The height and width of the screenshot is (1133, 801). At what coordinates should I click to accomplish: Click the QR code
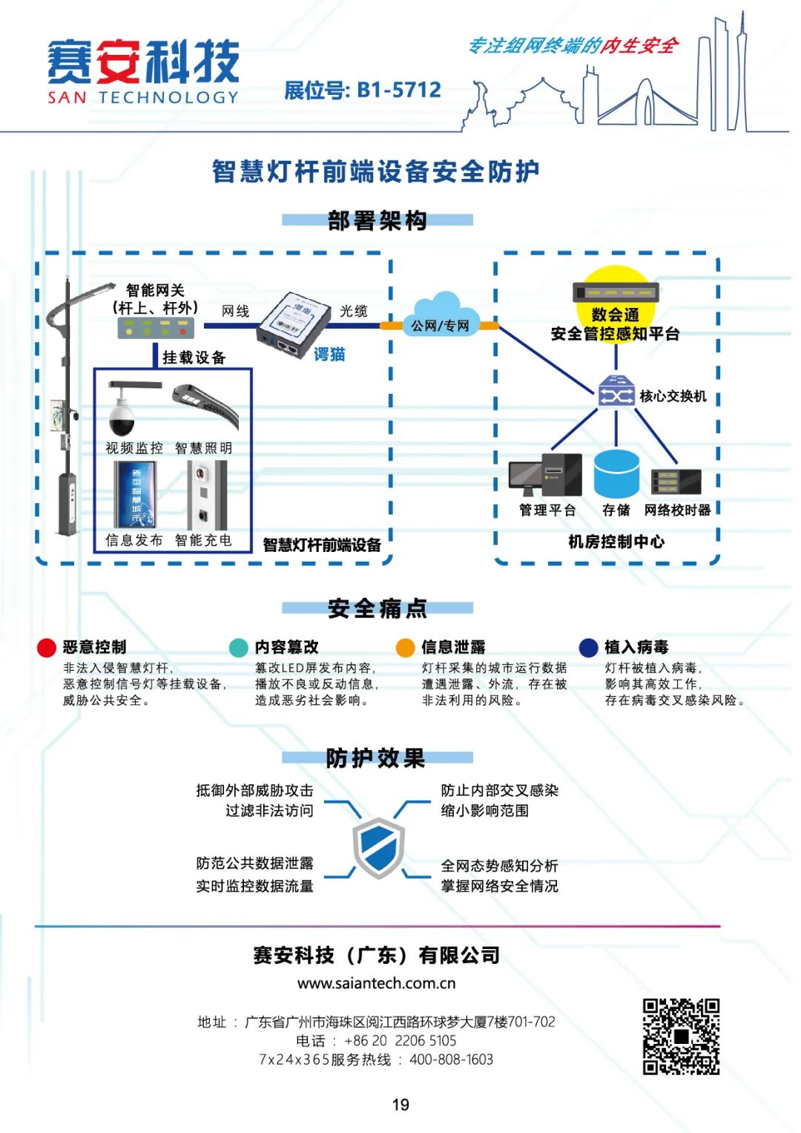tap(681, 1037)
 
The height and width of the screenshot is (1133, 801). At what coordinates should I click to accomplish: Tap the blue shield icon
tap(378, 848)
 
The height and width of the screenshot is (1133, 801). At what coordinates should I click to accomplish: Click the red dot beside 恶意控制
tap(47, 648)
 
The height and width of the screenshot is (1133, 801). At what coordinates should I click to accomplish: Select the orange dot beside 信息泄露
tap(405, 648)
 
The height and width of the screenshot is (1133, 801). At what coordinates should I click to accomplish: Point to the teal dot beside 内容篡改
tap(239, 648)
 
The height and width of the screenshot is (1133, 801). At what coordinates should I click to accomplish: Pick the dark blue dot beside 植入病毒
tap(588, 648)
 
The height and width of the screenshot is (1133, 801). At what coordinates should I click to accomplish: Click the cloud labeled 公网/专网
tap(441, 315)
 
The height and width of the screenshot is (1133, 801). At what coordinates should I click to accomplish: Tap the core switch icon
tap(616, 391)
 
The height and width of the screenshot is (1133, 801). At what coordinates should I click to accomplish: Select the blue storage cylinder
tap(616, 474)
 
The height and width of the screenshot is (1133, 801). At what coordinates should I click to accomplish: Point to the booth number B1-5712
tap(399, 91)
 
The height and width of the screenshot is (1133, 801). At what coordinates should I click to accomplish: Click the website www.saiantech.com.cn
tap(376, 983)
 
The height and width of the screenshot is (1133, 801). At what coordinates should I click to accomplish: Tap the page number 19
tap(400, 1105)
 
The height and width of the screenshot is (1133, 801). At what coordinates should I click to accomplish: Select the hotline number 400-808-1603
tap(451, 1060)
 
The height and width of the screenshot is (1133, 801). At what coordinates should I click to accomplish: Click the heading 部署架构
tap(377, 220)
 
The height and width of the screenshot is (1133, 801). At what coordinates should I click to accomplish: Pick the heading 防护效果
tap(375, 758)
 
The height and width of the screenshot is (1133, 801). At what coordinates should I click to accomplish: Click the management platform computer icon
tap(546, 475)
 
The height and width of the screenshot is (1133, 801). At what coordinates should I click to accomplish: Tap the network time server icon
tap(676, 482)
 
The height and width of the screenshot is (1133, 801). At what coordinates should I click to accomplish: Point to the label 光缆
tap(353, 311)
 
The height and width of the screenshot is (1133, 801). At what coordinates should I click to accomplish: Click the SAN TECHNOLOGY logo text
tap(143, 97)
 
